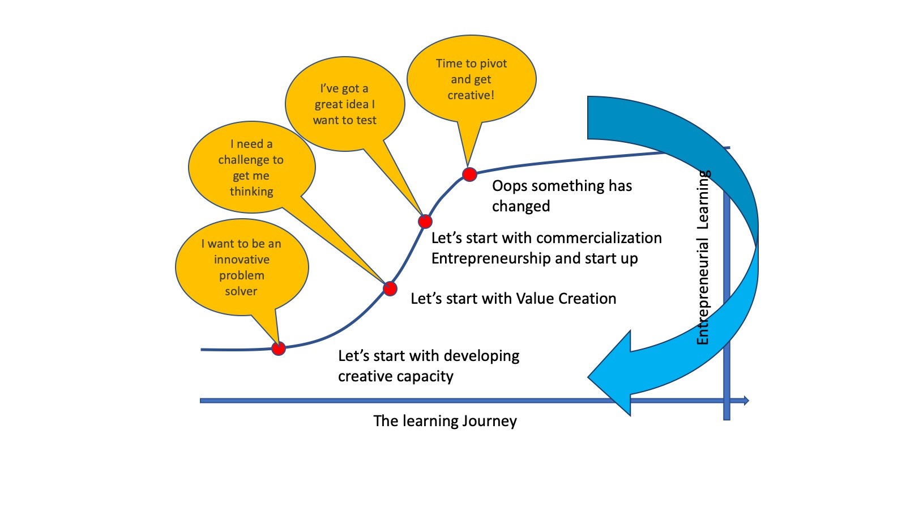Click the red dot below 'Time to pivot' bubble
click(x=469, y=174)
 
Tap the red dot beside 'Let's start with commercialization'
click(x=425, y=221)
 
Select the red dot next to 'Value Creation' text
click(x=390, y=288)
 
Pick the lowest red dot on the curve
click(x=279, y=348)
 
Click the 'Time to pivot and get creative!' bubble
click(x=471, y=79)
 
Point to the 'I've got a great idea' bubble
click(x=344, y=104)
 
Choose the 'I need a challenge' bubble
click(x=251, y=168)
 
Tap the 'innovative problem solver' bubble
click(x=242, y=267)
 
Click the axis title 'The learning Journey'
click(x=445, y=421)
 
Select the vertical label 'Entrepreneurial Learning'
click(x=703, y=258)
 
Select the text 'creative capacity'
click(x=396, y=376)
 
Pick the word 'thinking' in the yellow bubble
click(x=251, y=192)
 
